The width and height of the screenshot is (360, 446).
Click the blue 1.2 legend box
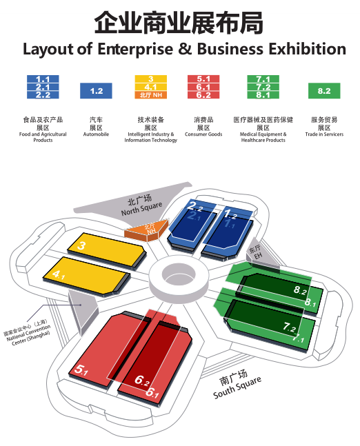click(96, 91)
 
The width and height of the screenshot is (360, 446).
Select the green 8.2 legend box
click(324, 91)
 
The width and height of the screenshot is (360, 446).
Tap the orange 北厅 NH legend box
click(151, 95)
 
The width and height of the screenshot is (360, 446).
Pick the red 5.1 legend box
click(203, 79)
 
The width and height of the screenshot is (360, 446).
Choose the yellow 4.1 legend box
click(151, 87)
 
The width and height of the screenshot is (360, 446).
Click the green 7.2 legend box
click(263, 87)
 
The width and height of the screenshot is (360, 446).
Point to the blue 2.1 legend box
click(43, 87)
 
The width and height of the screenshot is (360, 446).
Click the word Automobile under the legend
click(96, 134)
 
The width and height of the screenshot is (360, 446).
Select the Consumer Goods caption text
click(203, 134)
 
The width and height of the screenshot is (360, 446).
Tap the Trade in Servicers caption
click(324, 134)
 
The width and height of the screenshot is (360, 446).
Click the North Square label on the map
click(141, 209)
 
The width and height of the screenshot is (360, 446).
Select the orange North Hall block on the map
click(147, 230)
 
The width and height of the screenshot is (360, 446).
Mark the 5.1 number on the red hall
click(81, 369)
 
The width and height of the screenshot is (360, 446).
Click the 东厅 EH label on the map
click(256, 252)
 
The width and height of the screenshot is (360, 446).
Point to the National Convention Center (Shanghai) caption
click(27, 333)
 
